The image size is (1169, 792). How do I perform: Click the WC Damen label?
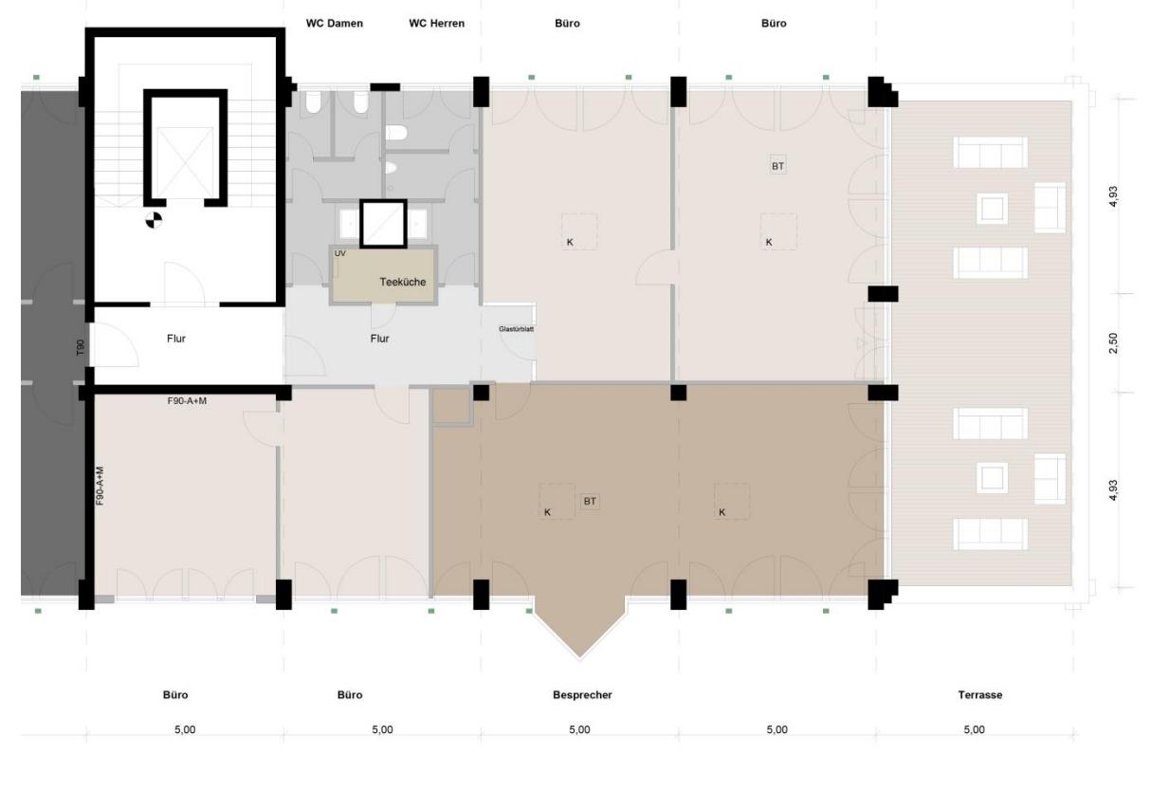334,23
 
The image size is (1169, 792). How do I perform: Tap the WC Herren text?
436,23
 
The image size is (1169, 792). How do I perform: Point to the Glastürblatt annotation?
516,329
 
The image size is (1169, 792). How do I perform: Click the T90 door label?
81,349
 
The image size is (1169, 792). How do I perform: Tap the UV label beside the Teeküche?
340,254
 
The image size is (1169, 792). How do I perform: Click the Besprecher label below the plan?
582,695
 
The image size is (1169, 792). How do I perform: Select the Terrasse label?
979,695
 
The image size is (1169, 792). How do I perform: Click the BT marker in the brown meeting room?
590,501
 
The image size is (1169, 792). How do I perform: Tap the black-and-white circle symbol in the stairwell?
153,221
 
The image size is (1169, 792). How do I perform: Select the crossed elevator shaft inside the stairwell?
185,148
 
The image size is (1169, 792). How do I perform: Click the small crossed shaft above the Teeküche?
383,223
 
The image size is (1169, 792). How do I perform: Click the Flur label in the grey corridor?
379,338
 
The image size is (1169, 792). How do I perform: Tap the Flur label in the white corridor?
176,338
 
